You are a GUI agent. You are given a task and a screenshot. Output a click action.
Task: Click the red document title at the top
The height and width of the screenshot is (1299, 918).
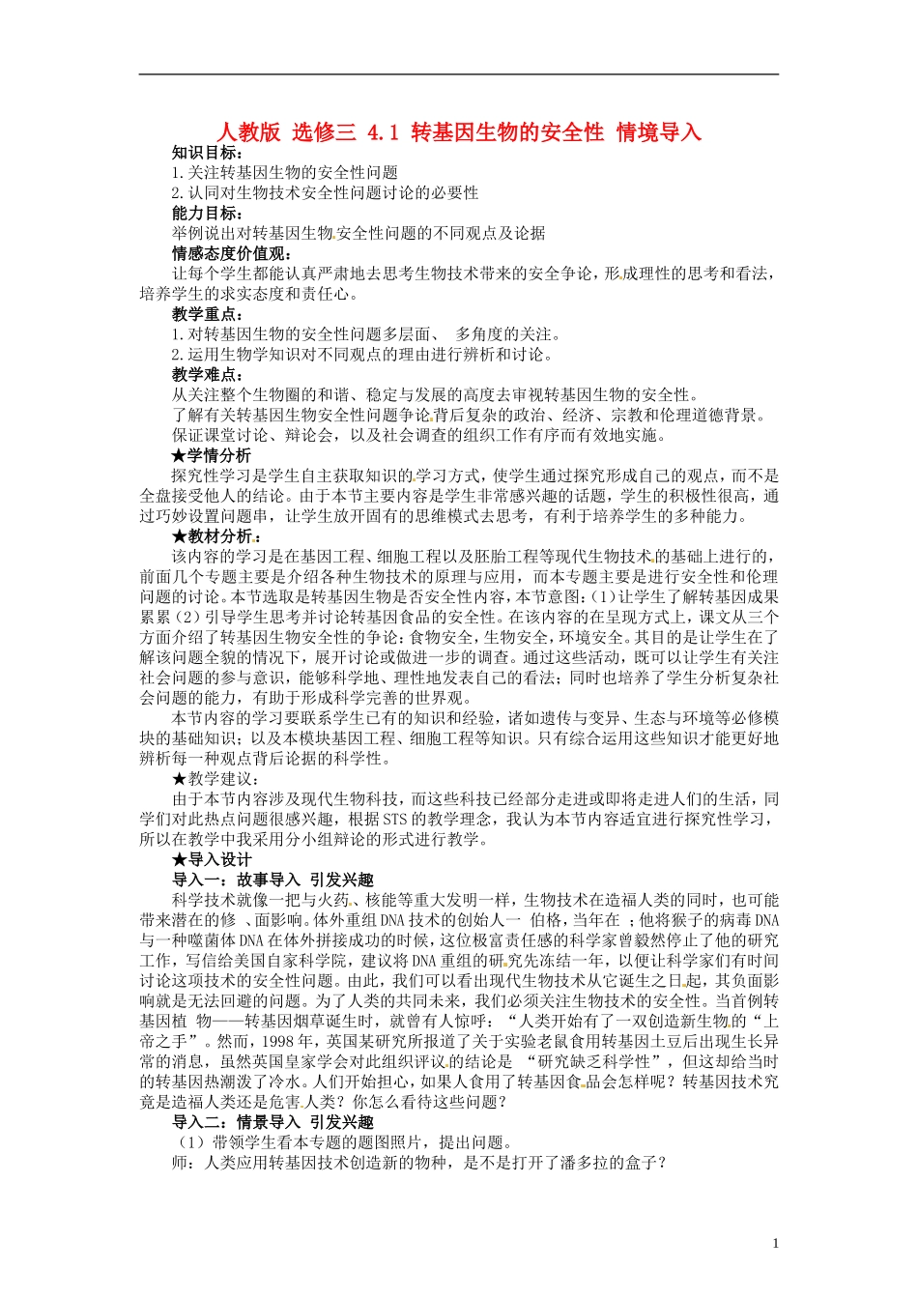[459, 132]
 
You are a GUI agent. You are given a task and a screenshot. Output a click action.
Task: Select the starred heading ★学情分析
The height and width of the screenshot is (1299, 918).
[212, 455]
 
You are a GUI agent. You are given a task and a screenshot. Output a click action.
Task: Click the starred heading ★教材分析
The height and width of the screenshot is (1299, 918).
[215, 535]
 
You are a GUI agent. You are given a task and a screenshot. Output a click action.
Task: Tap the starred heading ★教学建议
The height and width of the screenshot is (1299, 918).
[215, 778]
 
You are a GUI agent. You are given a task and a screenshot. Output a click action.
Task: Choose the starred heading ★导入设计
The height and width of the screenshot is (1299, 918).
[212, 859]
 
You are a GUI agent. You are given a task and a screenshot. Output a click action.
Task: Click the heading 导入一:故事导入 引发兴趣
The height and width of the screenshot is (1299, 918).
[273, 880]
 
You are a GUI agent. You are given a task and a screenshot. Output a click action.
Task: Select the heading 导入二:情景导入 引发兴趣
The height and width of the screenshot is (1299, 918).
[273, 1122]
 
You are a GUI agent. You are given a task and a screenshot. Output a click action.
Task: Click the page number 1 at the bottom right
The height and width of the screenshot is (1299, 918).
[775, 1243]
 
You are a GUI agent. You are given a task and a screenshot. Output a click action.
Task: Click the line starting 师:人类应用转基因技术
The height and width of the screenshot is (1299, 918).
[419, 1163]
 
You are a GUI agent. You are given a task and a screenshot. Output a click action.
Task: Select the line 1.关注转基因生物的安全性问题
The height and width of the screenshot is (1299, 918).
[285, 172]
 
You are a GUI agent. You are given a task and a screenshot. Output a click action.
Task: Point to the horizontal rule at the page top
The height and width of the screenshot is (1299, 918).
[459, 74]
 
